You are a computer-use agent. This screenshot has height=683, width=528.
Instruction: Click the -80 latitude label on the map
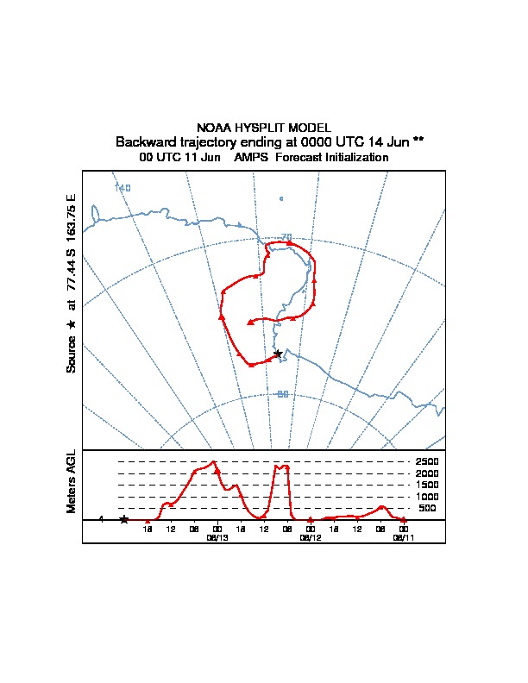[281, 394]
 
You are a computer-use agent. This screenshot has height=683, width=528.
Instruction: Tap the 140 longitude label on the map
[123, 187]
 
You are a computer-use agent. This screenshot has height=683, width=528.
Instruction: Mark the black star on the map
[277, 354]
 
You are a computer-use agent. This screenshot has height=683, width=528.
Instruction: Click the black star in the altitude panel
[124, 519]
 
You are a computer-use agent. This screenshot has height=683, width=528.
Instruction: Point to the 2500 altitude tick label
[427, 461]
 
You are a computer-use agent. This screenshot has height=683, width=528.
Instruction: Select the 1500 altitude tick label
[427, 485]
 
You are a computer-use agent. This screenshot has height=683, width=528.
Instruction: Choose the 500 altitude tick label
[427, 508]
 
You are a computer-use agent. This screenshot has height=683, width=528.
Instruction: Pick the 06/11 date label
[403, 537]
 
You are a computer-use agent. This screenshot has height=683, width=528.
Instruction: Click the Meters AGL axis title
[72, 482]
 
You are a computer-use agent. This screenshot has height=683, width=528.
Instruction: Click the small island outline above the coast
[281, 199]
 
